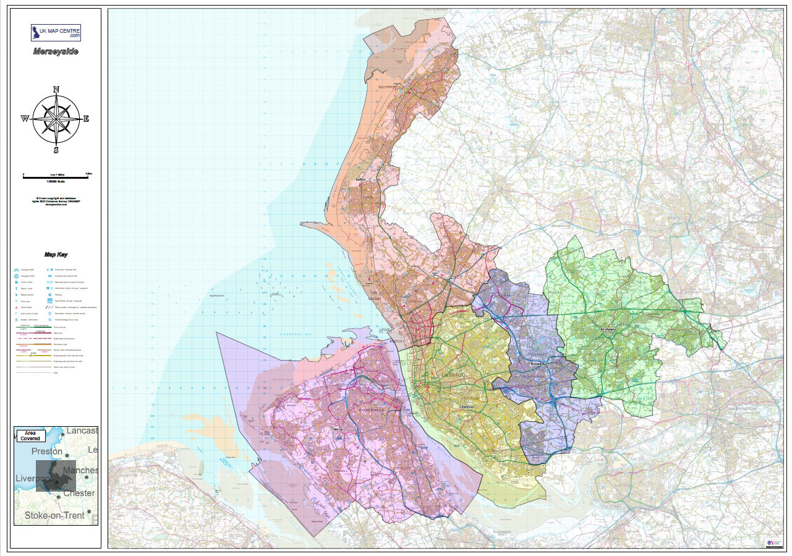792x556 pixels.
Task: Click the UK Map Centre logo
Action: coord(56,32)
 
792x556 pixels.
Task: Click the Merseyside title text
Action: coord(56,51)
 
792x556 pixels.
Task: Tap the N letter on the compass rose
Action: coord(56,90)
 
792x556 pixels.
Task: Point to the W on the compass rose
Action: coord(25,119)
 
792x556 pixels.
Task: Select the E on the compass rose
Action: coord(86,119)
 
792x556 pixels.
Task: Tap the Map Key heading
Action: coord(56,254)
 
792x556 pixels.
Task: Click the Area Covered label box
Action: coord(31,435)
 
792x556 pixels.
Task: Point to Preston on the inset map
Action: coord(47,451)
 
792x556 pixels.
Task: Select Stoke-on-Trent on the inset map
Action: coord(54,515)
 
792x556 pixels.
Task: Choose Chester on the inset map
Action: coord(79,493)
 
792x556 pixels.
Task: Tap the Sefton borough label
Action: coord(362,181)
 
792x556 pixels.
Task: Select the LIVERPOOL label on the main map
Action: coord(457,375)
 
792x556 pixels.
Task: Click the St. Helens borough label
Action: coord(610,329)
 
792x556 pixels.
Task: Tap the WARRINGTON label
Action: coord(741,409)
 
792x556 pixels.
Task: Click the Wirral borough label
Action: coord(338,428)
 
